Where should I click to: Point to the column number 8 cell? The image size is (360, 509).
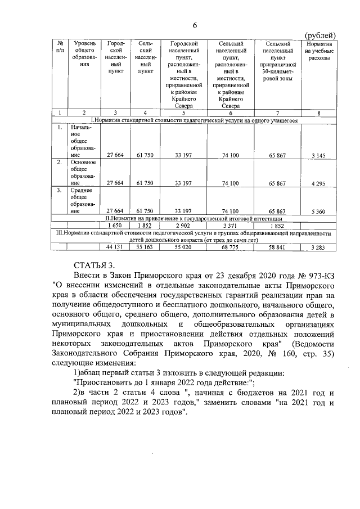tap(319, 113)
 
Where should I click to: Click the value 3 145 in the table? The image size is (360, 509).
tap(319, 155)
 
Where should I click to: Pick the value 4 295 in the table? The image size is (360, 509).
tap(319, 183)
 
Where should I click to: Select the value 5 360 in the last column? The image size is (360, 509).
tap(319, 211)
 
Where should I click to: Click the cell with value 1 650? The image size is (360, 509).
tap(115, 225)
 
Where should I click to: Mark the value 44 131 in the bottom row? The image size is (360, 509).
tap(115, 247)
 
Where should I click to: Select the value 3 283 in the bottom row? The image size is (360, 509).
tap(319, 247)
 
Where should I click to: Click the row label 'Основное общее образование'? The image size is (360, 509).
tap(83, 173)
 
